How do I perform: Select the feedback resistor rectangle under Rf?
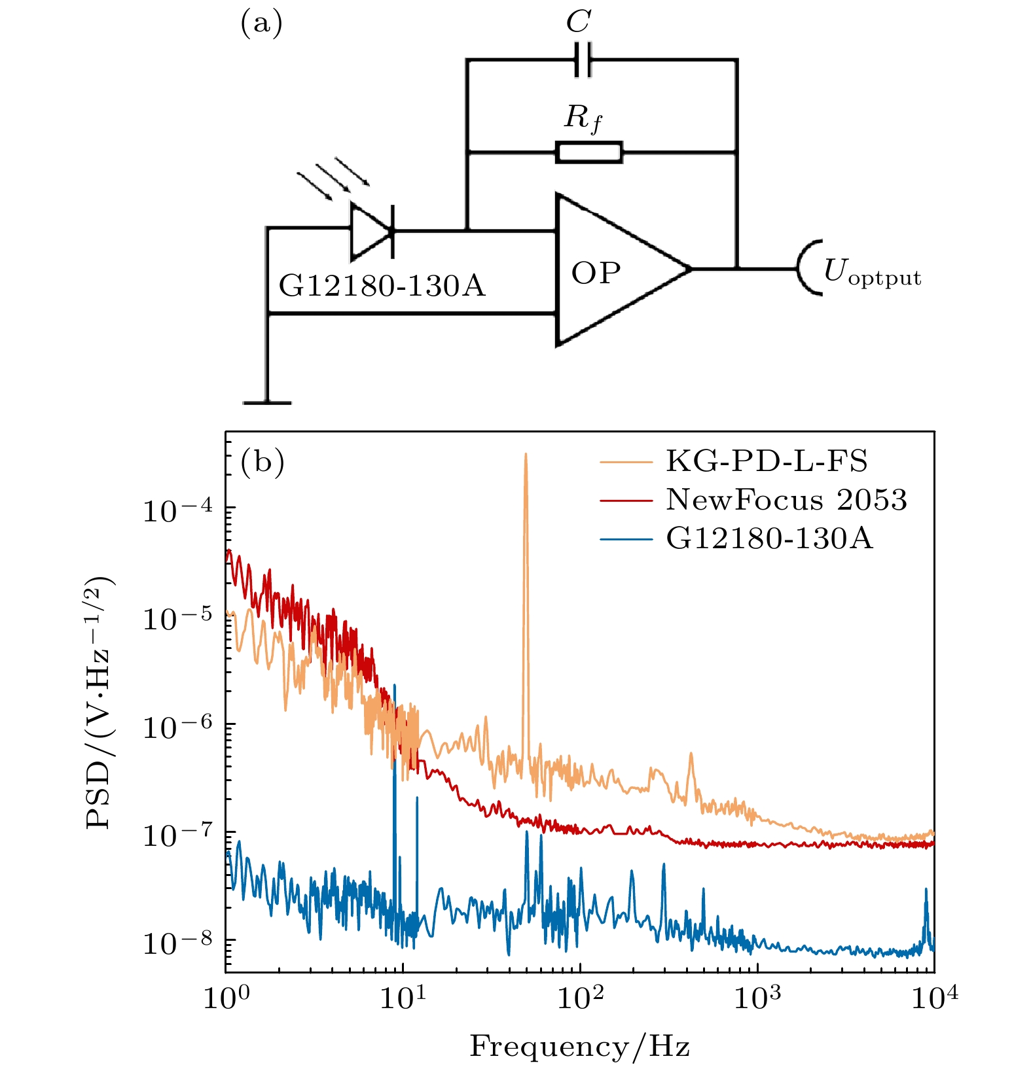[588, 152]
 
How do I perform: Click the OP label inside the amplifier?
[596, 273]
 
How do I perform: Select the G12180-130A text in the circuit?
[382, 287]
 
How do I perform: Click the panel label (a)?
[262, 24]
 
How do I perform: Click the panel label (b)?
[262, 462]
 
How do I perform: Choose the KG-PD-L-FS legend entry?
[767, 461]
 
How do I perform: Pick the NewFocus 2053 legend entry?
[786, 500]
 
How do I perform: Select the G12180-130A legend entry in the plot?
[769, 538]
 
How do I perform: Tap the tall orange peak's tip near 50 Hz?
[525, 454]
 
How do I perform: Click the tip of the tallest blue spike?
[395, 686]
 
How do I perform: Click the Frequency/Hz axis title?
[580, 1045]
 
